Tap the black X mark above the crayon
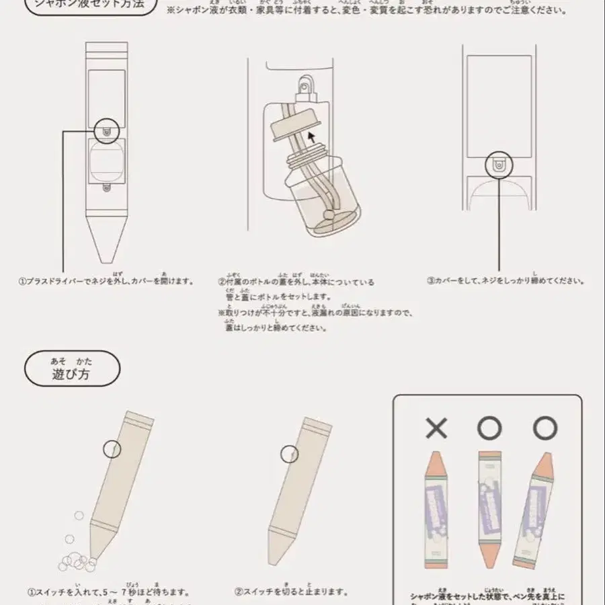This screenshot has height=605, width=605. tap(436, 428)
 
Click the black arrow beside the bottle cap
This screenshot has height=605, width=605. tap(310, 138)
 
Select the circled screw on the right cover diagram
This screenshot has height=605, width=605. tap(499, 165)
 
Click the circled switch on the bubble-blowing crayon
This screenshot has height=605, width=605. tap(112, 449)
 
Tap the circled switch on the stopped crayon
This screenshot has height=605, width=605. tap(290, 454)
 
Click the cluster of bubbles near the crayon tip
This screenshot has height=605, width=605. tap(75, 555)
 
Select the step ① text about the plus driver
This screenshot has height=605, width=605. tap(106, 281)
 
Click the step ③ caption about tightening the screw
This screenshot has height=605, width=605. tap(506, 281)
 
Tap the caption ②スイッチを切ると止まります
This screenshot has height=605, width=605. tap(291, 592)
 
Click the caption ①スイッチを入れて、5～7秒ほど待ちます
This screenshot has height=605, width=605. tap(108, 592)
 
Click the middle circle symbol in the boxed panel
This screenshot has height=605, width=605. tap(490, 428)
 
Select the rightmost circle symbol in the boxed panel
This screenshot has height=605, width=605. tap(544, 428)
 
